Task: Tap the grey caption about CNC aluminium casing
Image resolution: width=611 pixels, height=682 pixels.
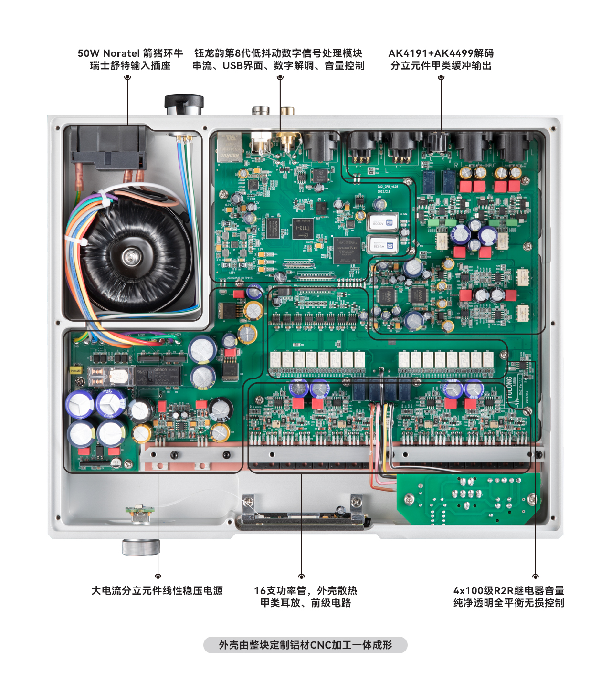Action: (x=305, y=645)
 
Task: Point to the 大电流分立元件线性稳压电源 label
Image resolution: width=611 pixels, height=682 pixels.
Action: (x=157, y=590)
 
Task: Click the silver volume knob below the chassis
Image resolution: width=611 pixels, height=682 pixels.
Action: (x=140, y=547)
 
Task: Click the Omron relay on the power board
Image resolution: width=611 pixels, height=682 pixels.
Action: (x=160, y=376)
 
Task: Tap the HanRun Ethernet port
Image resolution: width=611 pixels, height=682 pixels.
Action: (x=229, y=148)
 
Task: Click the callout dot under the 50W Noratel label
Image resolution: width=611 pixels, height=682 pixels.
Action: (x=127, y=77)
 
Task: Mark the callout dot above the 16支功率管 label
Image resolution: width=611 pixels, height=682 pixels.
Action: (x=301, y=576)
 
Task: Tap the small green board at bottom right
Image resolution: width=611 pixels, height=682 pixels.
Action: (x=468, y=499)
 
